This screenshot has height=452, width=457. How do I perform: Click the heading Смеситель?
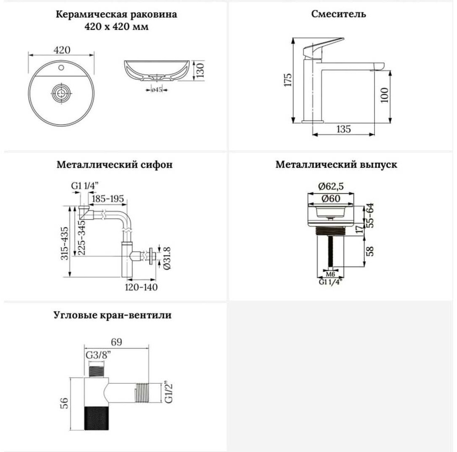(x=339, y=14)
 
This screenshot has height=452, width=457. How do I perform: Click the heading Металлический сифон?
(x=115, y=164)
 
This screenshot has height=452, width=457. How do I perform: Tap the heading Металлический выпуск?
(x=336, y=164)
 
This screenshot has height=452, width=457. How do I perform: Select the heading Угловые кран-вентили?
(x=113, y=315)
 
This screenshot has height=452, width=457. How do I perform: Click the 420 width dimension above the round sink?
(x=62, y=50)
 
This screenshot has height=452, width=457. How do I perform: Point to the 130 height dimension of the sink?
(x=200, y=70)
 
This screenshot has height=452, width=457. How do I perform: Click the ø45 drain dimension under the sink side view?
(x=157, y=90)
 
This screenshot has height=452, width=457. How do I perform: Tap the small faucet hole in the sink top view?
(x=61, y=68)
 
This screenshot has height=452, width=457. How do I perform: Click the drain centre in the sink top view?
(x=61, y=94)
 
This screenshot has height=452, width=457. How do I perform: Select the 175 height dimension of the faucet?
(x=288, y=80)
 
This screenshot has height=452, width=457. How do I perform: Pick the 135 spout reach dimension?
(x=344, y=129)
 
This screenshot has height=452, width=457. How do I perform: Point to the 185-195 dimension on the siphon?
(x=108, y=199)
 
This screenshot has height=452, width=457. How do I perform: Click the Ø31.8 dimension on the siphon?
(x=167, y=258)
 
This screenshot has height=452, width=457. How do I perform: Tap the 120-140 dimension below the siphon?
(x=141, y=287)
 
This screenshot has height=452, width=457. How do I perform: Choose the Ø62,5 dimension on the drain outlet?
(x=331, y=186)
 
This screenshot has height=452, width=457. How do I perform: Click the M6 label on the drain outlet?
(x=330, y=274)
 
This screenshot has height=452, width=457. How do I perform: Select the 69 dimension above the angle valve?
(x=116, y=342)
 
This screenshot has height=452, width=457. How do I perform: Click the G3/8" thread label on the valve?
(x=99, y=356)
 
